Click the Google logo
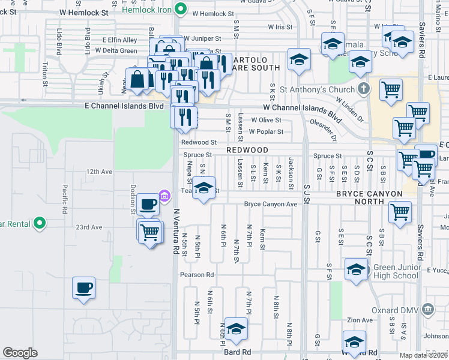tap(20, 353)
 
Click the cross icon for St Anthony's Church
tap(362, 89)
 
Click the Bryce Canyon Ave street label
tap(271, 204)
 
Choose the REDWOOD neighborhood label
tap(246, 149)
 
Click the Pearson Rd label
tap(197, 275)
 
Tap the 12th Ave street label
tap(99, 172)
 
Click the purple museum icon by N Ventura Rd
tap(163, 196)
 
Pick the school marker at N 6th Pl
tap(236, 329)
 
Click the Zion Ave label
tap(360, 320)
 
